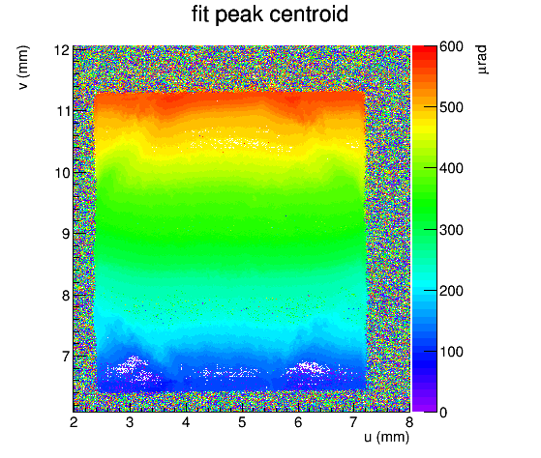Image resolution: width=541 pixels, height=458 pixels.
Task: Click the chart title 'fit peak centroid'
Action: tap(270, 14)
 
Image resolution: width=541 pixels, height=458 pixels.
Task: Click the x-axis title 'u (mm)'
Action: tap(386, 437)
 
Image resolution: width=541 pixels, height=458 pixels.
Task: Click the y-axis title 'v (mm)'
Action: tap(23, 68)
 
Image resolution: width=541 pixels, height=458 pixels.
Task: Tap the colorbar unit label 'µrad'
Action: tap(482, 59)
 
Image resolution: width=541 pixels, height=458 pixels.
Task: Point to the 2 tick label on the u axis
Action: tap(74, 422)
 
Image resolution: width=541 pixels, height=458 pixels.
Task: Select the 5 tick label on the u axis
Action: tap(242, 422)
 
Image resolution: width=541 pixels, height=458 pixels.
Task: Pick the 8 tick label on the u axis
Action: tap(409, 422)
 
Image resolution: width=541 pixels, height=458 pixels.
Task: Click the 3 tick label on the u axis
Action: tap(130, 422)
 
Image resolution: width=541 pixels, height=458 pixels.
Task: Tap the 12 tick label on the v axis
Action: tap(62, 50)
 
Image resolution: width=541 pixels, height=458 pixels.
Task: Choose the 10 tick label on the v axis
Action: tap(62, 173)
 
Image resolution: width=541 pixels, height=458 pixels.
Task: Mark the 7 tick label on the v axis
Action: tap(66, 357)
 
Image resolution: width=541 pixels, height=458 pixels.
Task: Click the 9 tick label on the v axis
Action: tap(66, 234)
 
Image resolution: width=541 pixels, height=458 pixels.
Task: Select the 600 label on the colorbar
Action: tap(451, 46)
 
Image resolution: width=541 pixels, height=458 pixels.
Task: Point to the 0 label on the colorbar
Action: tap(443, 413)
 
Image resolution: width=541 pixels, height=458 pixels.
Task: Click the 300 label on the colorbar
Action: tap(451, 230)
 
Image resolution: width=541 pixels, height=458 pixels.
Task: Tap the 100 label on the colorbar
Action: tap(451, 352)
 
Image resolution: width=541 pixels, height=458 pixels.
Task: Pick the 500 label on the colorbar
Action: tap(451, 107)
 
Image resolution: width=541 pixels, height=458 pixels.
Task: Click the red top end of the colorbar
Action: tap(425, 48)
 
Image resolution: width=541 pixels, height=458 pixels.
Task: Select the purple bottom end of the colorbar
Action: tap(425, 409)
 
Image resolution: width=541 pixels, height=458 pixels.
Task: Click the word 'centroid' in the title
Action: tap(309, 14)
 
